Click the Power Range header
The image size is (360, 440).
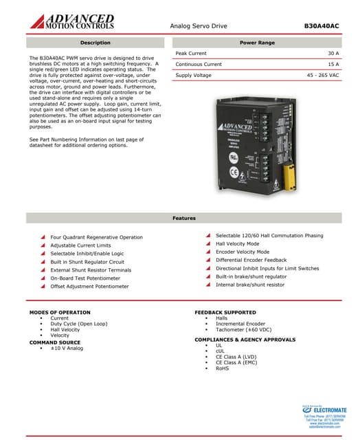point(257,43)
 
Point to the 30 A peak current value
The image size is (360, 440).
point(333,53)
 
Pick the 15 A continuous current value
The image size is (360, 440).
point(333,64)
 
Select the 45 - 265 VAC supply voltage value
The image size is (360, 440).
point(323,75)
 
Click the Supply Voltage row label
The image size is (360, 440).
point(193,75)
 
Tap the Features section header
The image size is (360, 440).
point(183,218)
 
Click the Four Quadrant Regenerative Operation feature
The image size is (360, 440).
point(97,237)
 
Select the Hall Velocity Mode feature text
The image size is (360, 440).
point(238,243)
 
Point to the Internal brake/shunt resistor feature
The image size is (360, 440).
point(249,285)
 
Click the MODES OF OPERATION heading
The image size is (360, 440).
point(60,312)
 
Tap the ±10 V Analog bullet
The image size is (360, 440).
point(67,348)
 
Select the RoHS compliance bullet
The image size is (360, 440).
point(223,368)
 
